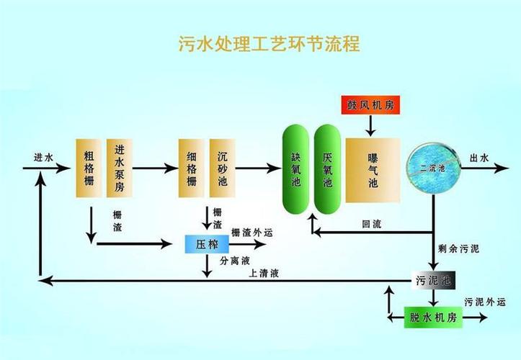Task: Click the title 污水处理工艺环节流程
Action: pyautogui.click(x=269, y=45)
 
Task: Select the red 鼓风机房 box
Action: pyautogui.click(x=370, y=105)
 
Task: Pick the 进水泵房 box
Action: pyautogui.click(x=120, y=167)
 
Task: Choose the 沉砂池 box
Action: pyautogui.click(x=222, y=167)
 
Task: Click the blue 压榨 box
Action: pyautogui.click(x=207, y=244)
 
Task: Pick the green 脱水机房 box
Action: pyautogui.click(x=432, y=316)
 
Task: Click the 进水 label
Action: pyautogui.click(x=43, y=158)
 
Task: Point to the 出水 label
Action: pyautogui.click(x=479, y=158)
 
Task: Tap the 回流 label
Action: pyautogui.click(x=372, y=225)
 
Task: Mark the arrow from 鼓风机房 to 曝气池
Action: pyautogui.click(x=370, y=125)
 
